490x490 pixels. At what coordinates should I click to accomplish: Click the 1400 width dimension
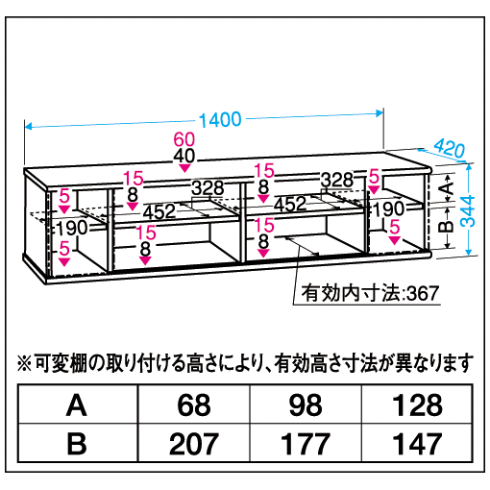[220, 120]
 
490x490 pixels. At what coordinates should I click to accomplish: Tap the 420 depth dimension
[450, 148]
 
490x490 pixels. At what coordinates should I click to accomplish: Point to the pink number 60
[184, 139]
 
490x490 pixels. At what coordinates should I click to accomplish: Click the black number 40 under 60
[184, 156]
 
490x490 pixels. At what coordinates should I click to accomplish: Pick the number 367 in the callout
[423, 293]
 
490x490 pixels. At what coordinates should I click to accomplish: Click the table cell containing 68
[194, 405]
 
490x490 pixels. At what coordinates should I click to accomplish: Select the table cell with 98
[306, 405]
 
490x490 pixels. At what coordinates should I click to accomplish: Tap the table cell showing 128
[417, 405]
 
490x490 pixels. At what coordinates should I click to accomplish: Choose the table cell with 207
[194, 443]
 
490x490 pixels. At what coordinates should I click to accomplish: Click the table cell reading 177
[306, 443]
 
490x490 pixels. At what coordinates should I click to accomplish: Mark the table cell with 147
[417, 443]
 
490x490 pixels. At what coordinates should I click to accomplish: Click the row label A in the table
[77, 405]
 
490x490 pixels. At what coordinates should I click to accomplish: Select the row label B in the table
[77, 444]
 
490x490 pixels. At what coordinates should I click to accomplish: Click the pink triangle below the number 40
[184, 168]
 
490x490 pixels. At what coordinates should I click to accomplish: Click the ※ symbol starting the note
[25, 363]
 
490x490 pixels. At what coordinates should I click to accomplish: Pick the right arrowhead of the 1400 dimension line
[380, 113]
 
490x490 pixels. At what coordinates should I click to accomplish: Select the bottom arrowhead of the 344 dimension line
[469, 252]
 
